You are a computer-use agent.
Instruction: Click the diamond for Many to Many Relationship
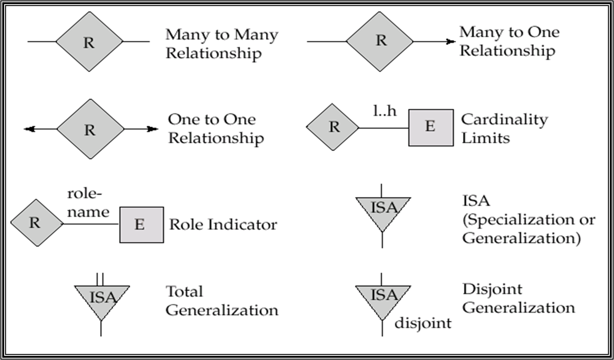89,41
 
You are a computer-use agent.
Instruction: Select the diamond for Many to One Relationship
380,41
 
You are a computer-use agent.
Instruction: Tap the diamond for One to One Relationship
90,129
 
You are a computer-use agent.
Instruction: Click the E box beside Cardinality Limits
430,127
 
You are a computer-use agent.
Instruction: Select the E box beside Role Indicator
141,225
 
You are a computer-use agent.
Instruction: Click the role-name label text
88,204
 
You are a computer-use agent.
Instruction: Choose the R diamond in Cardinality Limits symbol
333,127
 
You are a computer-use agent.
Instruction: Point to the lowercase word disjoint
423,323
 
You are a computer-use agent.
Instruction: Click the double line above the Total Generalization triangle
100,278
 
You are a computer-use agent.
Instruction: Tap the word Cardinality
504,120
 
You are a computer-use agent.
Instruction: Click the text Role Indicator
223,224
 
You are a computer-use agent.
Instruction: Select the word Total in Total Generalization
184,292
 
